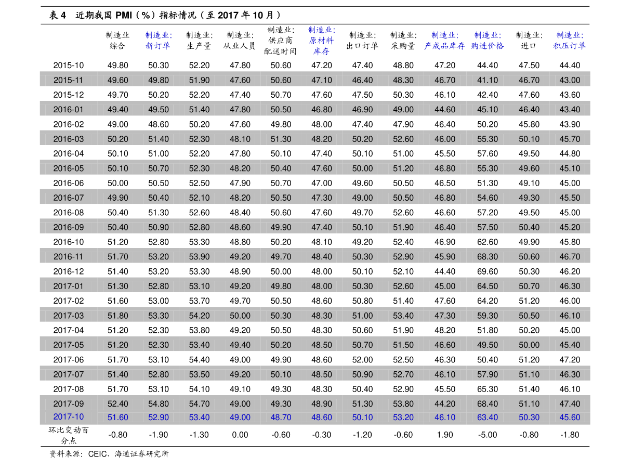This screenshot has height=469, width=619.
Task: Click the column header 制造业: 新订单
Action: pos(159,41)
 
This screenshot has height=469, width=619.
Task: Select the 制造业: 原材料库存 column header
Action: pos(321,41)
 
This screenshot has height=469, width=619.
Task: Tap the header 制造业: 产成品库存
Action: pos(444,41)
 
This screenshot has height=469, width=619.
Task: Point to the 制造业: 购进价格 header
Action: pos(487,41)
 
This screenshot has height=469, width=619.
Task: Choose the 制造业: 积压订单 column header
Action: pos(569,41)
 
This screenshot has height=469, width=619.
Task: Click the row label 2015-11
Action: pos(68,80)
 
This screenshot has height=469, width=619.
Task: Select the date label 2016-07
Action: pos(68,198)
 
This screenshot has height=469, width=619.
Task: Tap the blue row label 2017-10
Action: pos(68,417)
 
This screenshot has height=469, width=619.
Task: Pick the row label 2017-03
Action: pos(68,316)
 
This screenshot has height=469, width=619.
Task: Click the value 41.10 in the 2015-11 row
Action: pos(488,80)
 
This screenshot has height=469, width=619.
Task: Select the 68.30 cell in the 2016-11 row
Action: pos(488,257)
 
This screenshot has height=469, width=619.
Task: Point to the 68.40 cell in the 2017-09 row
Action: pos(488,404)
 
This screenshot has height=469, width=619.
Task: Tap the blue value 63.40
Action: pos(488,418)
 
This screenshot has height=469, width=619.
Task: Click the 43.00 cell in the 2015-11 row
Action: pos(570,80)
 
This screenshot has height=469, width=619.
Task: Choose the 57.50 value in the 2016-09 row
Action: pos(488,227)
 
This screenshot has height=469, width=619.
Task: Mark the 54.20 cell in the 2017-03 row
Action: pos(199,316)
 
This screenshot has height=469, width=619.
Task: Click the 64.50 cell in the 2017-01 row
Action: pos(488,286)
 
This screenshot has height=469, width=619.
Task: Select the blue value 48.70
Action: pos(281,418)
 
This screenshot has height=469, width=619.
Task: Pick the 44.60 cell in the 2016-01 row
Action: pos(445,110)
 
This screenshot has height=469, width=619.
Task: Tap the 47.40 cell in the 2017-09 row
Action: pos(570,404)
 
